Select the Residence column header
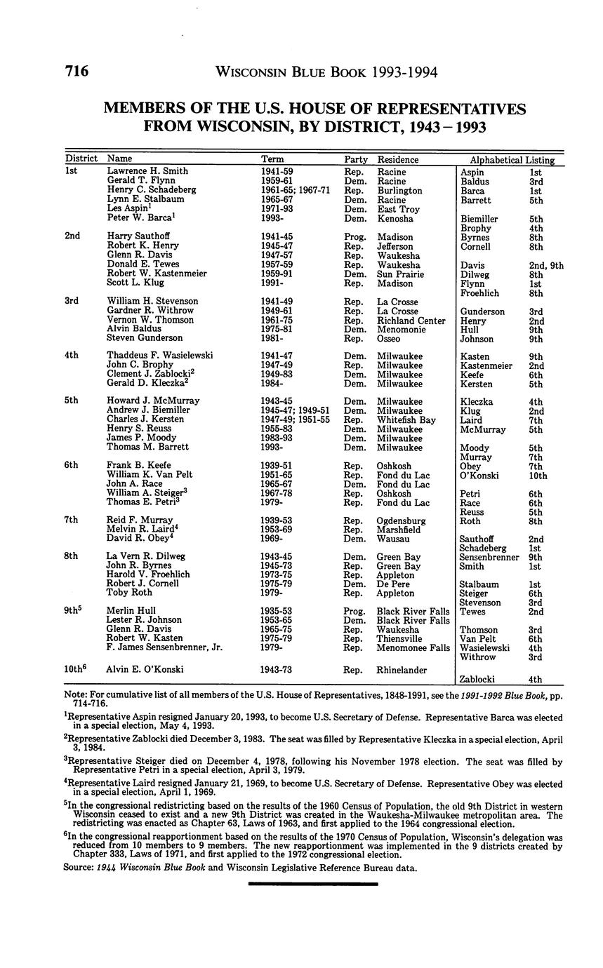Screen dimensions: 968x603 397,159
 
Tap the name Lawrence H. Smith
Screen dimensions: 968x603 147,170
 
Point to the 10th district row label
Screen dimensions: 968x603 77,669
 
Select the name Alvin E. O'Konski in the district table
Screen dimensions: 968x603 145,669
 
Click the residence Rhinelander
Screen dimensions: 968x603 402,670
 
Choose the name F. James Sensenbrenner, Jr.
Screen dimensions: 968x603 164,647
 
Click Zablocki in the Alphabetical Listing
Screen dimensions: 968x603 477,679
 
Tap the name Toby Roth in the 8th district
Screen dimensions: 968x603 131,593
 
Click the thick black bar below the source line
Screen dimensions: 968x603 313,885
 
